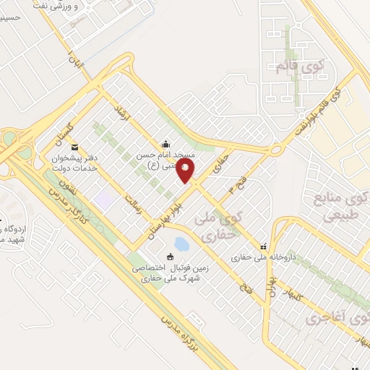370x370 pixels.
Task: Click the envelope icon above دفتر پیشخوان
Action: pyautogui.click(x=75, y=149)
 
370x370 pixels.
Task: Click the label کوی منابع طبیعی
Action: pyautogui.click(x=337, y=205)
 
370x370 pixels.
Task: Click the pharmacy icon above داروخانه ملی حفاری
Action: pyautogui.click(x=263, y=246)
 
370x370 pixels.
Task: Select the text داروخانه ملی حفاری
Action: pyautogui.click(x=260, y=257)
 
